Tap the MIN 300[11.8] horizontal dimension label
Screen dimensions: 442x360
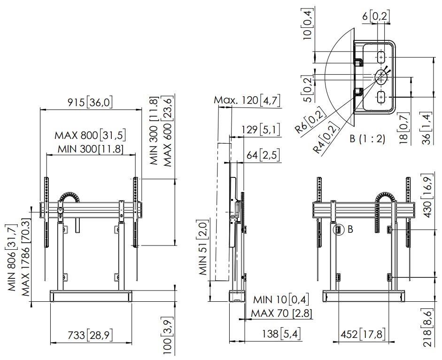tap(91, 149)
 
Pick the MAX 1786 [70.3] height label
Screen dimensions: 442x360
tap(25, 258)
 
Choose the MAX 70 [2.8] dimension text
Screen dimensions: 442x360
tap(282, 313)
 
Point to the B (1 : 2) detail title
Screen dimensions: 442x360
tap(367, 138)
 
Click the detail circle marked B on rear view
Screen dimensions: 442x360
tap(339, 230)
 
